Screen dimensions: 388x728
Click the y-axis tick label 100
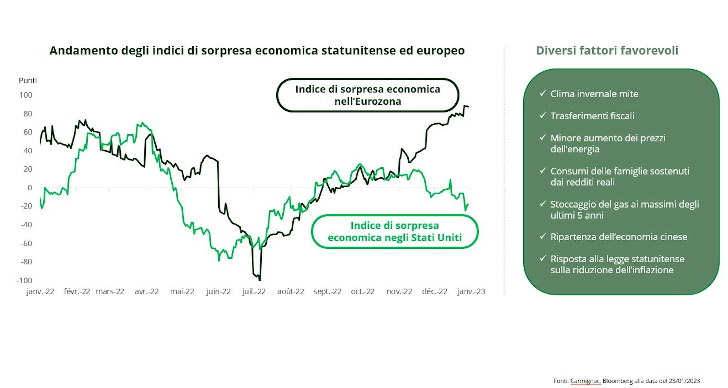pos(26,95)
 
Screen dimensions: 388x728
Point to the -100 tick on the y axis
pos(25,280)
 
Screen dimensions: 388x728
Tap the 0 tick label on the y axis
pos(30,188)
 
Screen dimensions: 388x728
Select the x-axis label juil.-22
pos(254,291)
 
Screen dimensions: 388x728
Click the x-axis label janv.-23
pos(471,291)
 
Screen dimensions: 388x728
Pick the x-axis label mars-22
pos(110,291)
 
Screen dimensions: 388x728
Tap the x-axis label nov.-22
pos(399,291)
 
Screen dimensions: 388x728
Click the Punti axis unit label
pos(28,81)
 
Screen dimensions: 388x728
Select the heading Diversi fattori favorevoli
pos(607,51)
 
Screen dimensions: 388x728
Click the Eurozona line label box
pos(368,95)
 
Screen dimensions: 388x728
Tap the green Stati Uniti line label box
pos(395,232)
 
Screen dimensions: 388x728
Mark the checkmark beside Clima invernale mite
pos(543,93)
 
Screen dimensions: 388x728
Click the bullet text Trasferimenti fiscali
pos(592,116)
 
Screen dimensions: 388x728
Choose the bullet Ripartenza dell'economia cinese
pos(619,237)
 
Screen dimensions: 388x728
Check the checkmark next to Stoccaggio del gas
pos(543,204)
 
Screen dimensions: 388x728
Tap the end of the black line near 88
pos(468,106)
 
